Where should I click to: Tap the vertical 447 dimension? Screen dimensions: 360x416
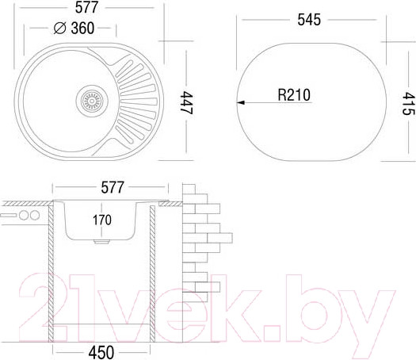(187, 101)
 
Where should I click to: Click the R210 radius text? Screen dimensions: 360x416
(294, 95)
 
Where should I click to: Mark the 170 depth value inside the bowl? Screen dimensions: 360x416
(102, 219)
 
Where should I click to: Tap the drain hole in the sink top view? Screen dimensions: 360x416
(91, 101)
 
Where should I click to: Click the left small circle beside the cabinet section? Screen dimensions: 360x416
(23, 216)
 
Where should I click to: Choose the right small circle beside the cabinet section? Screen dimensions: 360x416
(35, 216)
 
